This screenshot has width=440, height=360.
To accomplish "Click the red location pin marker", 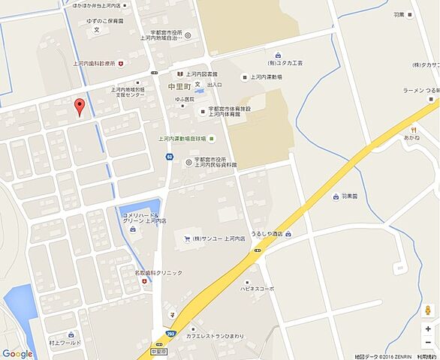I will click(77, 107).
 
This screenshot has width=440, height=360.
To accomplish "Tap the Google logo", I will click(17, 353).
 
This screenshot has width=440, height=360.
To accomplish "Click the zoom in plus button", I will click(427, 328).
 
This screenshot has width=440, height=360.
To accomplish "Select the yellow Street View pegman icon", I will click(427, 310).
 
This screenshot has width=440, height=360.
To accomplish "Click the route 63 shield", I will click(170, 157).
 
